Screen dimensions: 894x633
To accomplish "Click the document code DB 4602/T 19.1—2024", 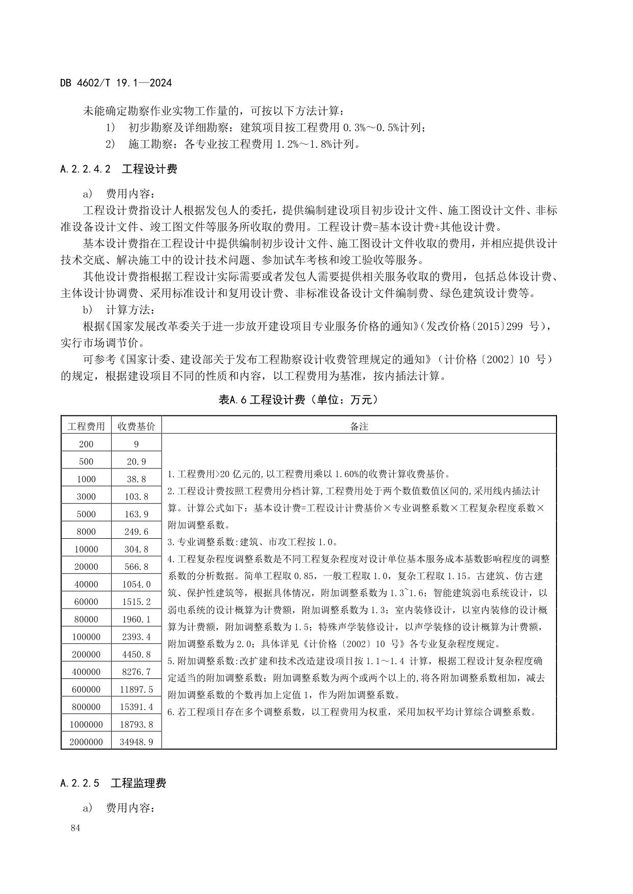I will (116, 83).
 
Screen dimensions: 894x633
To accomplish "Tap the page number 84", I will (75, 828).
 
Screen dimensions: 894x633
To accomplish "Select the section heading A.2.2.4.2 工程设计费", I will (118, 169).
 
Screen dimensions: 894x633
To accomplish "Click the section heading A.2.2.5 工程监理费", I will (113, 783).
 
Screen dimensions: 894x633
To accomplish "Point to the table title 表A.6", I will (298, 400).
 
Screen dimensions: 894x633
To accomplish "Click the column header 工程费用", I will (86, 427).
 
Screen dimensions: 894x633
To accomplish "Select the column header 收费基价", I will (136, 427).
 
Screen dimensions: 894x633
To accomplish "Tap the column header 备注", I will (359, 427).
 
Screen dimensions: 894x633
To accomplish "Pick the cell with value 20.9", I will (136, 462).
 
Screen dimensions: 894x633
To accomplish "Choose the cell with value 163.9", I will (136, 514).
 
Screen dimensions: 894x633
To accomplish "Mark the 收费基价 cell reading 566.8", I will (136, 567).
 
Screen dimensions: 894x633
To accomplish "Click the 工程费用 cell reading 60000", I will (86, 602).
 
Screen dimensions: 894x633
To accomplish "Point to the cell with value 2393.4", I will (136, 637).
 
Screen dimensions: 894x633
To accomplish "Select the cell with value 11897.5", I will (136, 690).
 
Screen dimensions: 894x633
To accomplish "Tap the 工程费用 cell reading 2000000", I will (86, 742).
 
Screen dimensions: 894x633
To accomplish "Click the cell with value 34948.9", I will (136, 742).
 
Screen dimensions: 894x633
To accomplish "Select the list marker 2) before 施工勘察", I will (111, 144).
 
